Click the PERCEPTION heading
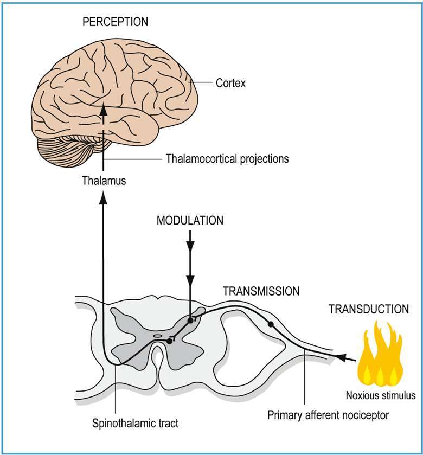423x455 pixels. (x=115, y=22)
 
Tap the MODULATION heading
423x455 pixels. (x=190, y=221)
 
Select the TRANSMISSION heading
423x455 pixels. (x=261, y=291)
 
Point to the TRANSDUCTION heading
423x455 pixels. (x=368, y=309)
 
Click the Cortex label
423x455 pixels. (x=230, y=84)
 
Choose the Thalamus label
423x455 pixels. (x=104, y=181)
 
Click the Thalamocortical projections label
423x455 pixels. (x=227, y=159)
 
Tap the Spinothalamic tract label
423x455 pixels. (x=135, y=424)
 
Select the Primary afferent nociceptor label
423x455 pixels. (x=328, y=415)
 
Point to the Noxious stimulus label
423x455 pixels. (x=381, y=395)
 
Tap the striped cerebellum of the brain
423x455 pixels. (x=69, y=150)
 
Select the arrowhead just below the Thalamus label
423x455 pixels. (x=103, y=197)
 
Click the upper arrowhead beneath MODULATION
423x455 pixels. (x=190, y=246)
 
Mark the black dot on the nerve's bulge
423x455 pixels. (x=271, y=324)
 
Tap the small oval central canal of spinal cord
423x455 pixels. (x=157, y=336)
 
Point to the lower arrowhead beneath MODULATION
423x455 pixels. (x=190, y=280)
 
